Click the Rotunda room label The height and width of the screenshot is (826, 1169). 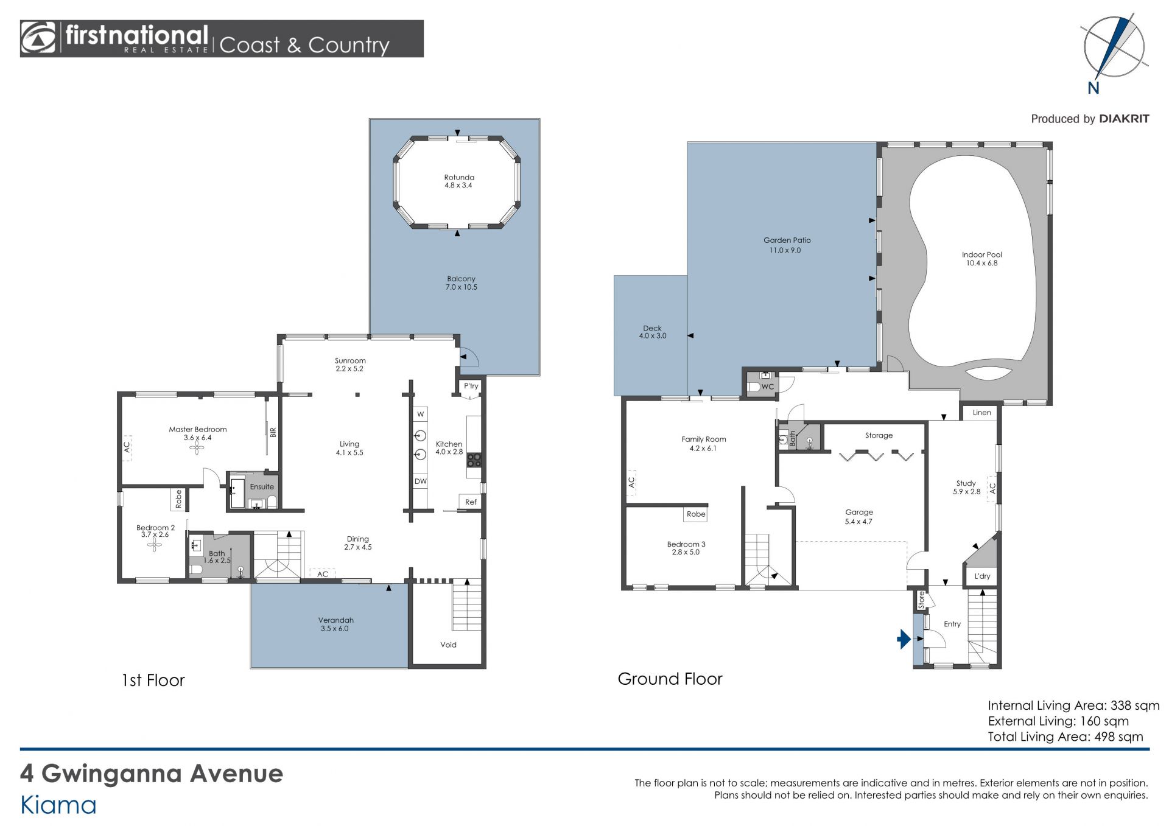point(459,178)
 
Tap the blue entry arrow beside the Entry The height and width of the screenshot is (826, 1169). point(904,639)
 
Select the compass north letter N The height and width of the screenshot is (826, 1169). point(1094,88)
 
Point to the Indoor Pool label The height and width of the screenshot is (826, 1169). point(981,255)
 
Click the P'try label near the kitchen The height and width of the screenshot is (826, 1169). point(471,386)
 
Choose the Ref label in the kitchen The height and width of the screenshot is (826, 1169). point(471,502)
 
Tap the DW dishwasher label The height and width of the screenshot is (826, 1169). point(421,481)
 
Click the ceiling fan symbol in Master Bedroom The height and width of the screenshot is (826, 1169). point(197,448)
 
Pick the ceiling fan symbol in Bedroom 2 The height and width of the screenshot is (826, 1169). point(154,545)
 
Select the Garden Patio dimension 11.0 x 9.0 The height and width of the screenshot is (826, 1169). point(785,250)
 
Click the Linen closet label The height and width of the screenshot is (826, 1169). point(981,413)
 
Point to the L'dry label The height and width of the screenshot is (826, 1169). point(982,576)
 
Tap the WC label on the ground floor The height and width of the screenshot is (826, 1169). point(768,387)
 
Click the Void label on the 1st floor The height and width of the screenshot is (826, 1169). point(448,645)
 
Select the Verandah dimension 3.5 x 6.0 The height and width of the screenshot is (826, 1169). point(334,629)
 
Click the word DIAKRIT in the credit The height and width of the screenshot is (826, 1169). point(1124,119)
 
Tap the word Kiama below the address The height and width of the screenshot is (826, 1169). point(58,805)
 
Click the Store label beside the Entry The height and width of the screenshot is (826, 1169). point(921,600)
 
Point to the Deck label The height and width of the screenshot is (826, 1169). point(652,328)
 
